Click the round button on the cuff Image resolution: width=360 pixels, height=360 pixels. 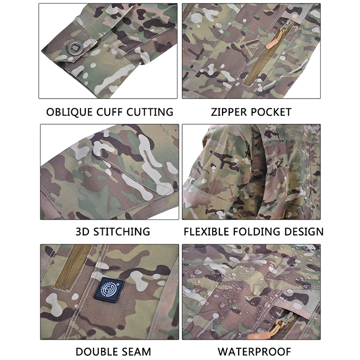coord(75,49)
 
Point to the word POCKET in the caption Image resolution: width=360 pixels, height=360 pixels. coord(271,112)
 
